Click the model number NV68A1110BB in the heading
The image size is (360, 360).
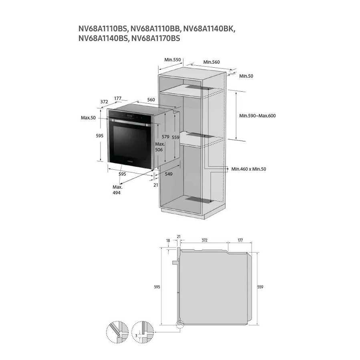tap(156, 29)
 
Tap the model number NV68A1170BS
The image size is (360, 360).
tap(156, 38)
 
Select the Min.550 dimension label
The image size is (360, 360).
tap(173, 60)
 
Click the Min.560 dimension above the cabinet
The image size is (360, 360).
tap(211, 62)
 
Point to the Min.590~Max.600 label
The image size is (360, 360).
tap(257, 116)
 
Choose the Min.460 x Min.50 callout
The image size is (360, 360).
tap(249, 169)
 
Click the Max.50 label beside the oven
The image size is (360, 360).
tap(88, 118)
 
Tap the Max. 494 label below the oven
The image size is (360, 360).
tap(117, 190)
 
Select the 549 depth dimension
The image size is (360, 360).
tap(169, 174)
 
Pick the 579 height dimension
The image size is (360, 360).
tap(165, 137)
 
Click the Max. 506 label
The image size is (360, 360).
tap(160, 147)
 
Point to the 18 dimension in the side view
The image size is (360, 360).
tap(168, 241)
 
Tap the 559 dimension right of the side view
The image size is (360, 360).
tap(260, 287)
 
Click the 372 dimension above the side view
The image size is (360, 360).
tap(204, 240)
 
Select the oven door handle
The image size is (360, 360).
tap(129, 122)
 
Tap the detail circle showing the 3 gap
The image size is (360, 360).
tap(143, 332)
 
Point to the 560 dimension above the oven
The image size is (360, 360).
tap(151, 100)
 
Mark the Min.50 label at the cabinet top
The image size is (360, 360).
tap(246, 76)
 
